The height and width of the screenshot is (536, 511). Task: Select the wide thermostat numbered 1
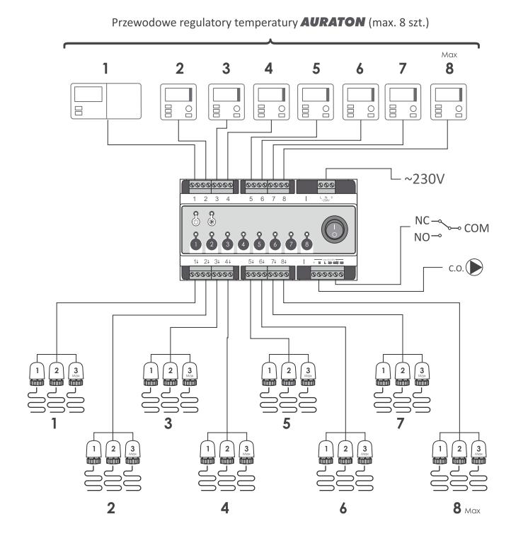(x=106, y=101)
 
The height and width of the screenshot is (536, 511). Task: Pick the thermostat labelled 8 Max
(x=451, y=101)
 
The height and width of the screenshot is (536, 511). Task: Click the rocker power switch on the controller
(x=335, y=229)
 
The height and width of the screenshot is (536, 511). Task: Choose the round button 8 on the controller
(x=306, y=244)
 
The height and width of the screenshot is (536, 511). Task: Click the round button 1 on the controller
(x=196, y=244)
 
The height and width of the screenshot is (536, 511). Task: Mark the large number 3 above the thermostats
(x=226, y=69)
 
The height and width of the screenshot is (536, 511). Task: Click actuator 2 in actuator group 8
(x=460, y=449)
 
